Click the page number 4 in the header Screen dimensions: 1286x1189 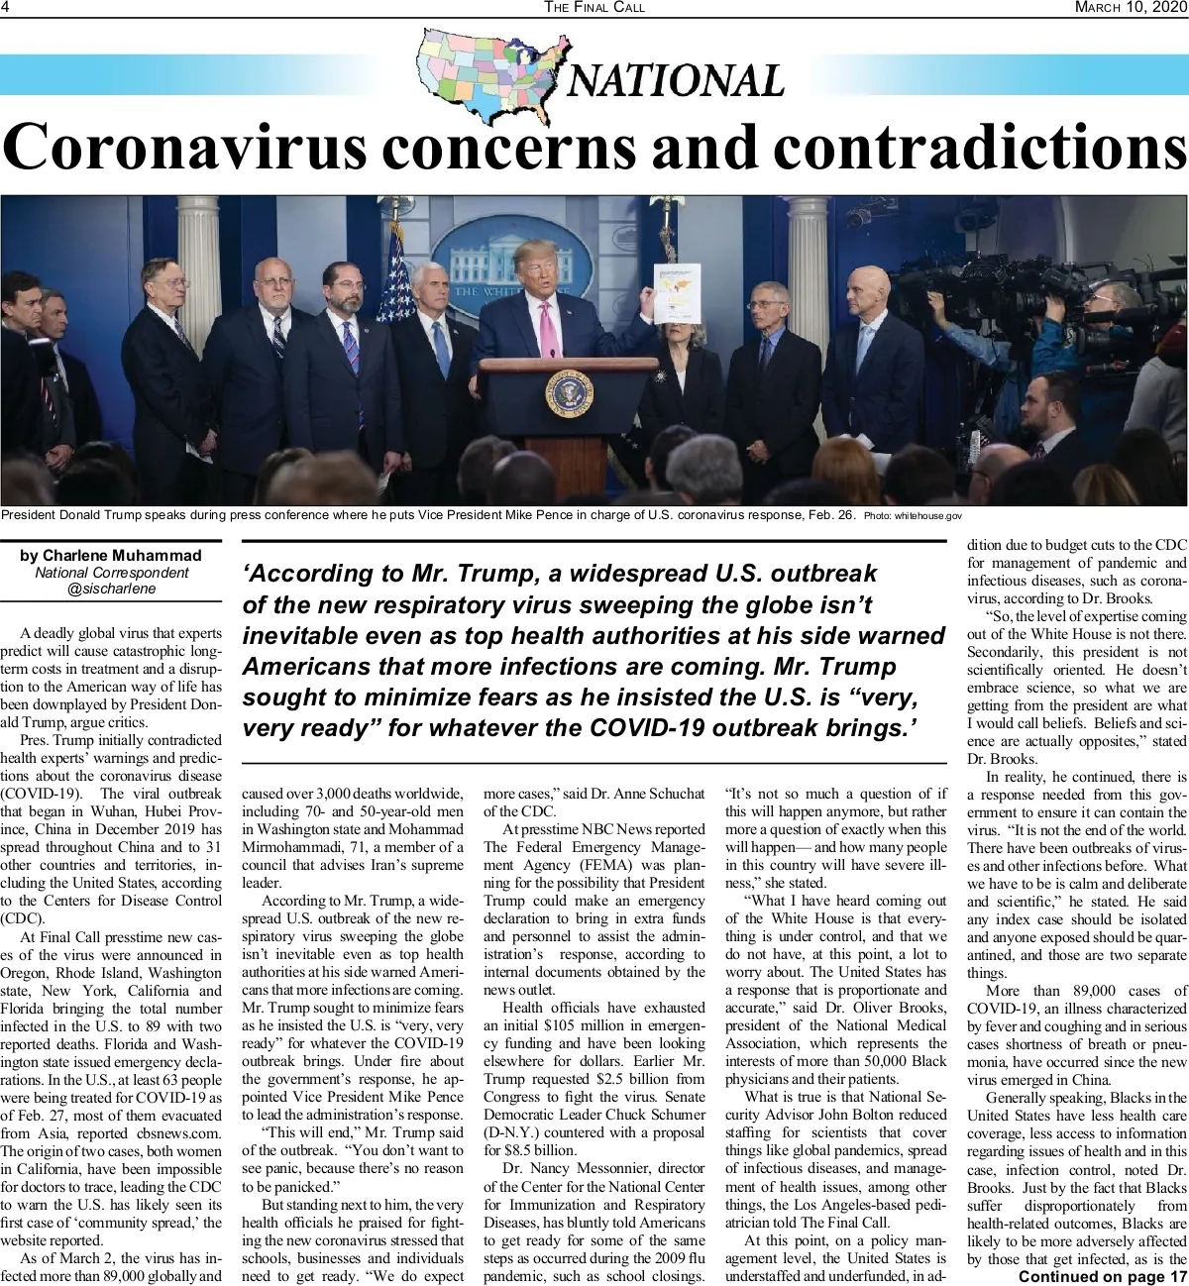click(6, 7)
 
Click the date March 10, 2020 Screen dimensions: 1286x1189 click(1129, 7)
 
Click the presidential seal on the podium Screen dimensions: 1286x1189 click(569, 393)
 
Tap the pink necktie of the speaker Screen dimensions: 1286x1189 click(546, 330)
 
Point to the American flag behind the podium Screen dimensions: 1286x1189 click(398, 268)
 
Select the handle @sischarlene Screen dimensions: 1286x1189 click(111, 589)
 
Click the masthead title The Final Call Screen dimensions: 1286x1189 click(594, 7)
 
